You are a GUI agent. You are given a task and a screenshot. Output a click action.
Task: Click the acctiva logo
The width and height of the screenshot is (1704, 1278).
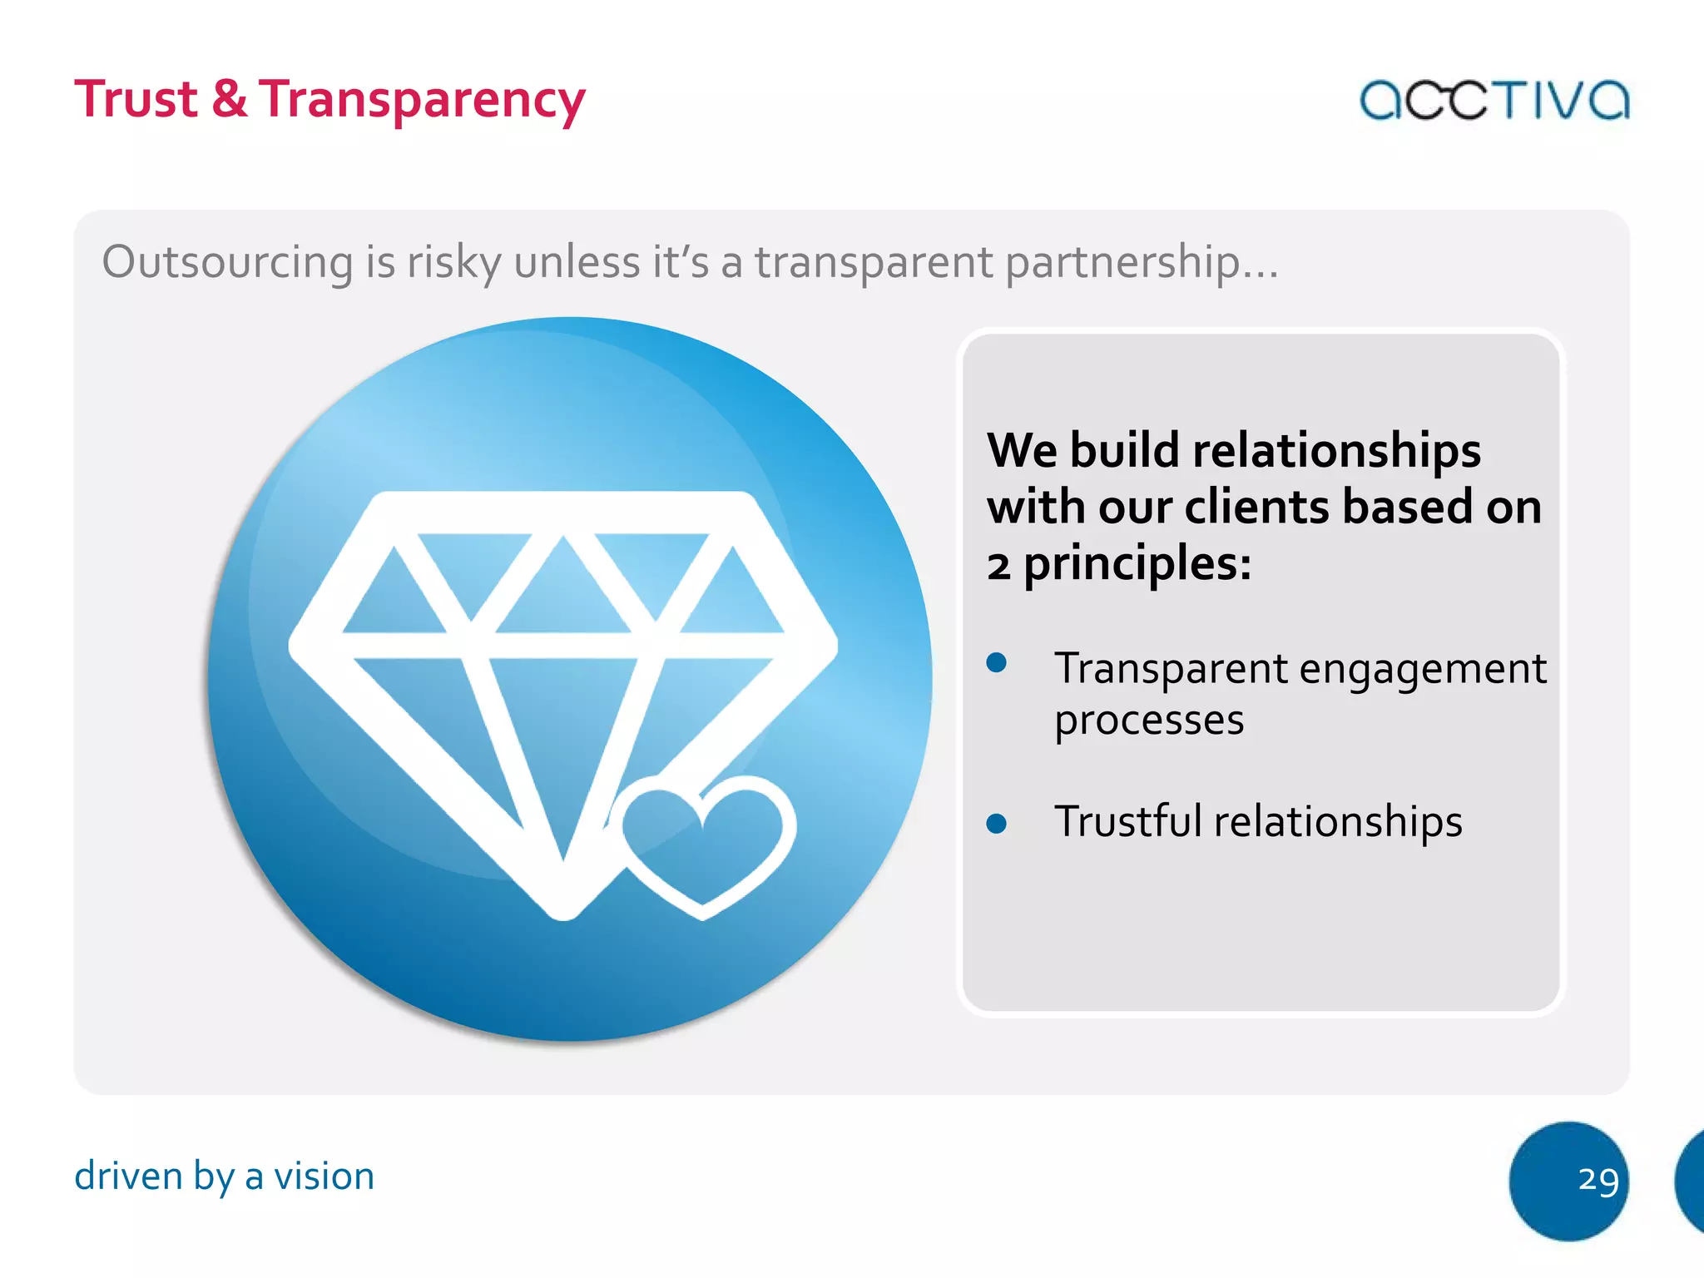click(x=1493, y=101)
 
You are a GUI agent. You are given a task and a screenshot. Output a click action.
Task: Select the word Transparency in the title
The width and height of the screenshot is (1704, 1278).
click(x=422, y=101)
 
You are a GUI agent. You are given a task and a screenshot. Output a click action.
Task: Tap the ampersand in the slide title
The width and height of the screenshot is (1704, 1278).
click(x=229, y=99)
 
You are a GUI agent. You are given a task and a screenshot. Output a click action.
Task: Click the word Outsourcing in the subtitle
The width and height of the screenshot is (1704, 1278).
click(x=228, y=262)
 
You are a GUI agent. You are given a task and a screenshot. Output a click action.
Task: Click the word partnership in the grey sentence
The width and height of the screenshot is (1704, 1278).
click(x=1122, y=263)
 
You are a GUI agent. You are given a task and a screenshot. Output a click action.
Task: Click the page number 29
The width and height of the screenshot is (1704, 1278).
click(x=1598, y=1179)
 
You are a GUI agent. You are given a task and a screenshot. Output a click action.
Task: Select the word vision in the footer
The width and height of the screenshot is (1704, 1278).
click(x=324, y=1176)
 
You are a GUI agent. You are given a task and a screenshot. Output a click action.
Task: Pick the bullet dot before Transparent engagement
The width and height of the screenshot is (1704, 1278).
click(x=996, y=662)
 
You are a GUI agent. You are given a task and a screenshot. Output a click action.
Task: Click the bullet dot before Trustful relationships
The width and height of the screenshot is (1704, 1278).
click(x=996, y=824)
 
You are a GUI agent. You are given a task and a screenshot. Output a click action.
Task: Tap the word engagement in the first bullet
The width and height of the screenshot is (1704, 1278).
click(x=1422, y=670)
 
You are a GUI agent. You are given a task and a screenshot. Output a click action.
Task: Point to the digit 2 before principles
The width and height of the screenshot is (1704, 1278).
click(x=998, y=566)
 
